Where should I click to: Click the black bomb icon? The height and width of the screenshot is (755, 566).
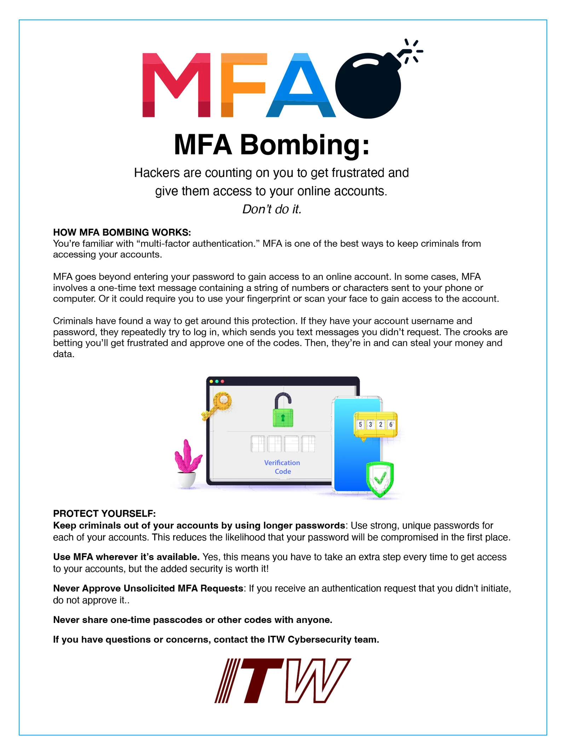pyautogui.click(x=370, y=85)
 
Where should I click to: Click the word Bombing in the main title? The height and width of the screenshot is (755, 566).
pyautogui.click(x=304, y=145)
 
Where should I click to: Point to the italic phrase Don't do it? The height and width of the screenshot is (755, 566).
pyautogui.click(x=272, y=209)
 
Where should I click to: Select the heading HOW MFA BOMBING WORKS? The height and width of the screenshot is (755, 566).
pyautogui.click(x=122, y=232)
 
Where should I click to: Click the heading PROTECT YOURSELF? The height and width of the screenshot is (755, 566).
pyautogui.click(x=104, y=513)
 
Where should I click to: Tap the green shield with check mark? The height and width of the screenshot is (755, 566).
pyautogui.click(x=380, y=479)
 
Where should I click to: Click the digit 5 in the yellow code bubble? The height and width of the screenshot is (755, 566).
pyautogui.click(x=360, y=424)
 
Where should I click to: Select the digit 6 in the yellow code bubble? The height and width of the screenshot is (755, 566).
pyautogui.click(x=391, y=424)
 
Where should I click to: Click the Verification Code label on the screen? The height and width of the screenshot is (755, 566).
pyautogui.click(x=282, y=467)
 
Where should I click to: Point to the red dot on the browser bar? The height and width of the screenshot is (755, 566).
pyautogui.click(x=223, y=382)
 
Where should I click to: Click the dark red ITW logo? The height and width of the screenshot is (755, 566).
pyautogui.click(x=283, y=680)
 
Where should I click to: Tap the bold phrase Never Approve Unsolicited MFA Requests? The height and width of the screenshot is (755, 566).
pyautogui.click(x=148, y=588)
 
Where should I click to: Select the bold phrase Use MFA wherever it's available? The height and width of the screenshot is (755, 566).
pyautogui.click(x=126, y=557)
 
